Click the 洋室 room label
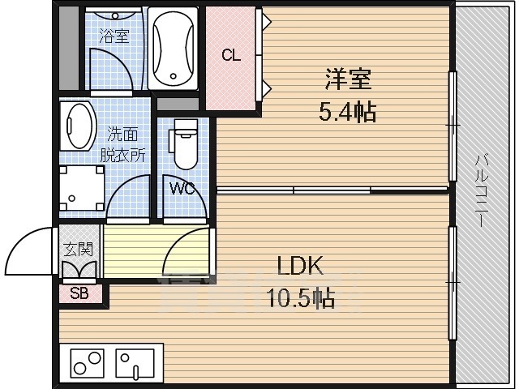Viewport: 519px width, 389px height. tap(349, 79)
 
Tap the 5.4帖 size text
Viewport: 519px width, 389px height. tap(348, 112)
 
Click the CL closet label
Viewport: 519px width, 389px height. tap(231, 55)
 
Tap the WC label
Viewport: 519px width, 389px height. tap(182, 189)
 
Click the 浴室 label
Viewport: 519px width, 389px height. tap(115, 36)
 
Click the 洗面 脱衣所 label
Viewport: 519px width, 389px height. tap(122, 144)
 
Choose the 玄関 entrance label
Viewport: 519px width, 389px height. tap(79, 249)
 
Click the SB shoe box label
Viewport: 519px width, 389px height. tap(80, 293)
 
